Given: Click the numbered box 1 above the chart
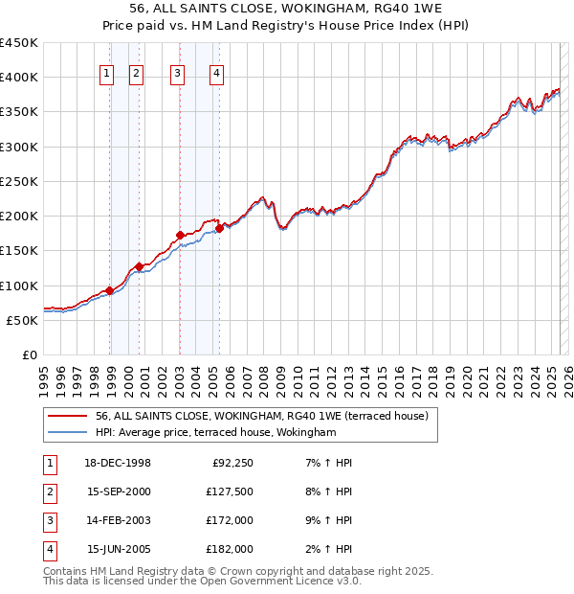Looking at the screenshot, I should (x=106, y=74).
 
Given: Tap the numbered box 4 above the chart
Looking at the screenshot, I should (x=217, y=74).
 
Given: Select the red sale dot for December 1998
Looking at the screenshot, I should (x=110, y=290).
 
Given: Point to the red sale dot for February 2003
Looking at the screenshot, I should (x=180, y=235).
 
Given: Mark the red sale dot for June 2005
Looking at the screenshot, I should (x=219, y=228).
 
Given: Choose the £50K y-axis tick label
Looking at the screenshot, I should (x=23, y=320).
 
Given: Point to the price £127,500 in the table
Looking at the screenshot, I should (x=230, y=491).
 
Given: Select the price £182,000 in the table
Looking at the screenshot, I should (x=230, y=549).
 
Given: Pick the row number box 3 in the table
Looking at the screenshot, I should (x=49, y=520).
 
